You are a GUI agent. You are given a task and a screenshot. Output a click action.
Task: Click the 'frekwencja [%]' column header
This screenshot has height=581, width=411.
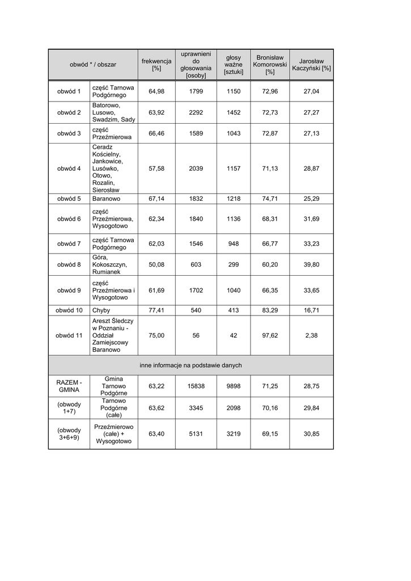(156, 65)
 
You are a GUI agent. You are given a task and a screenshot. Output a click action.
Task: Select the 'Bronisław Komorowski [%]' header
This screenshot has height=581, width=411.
(270, 65)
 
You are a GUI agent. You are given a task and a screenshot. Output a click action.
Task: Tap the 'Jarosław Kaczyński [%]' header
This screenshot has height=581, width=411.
(311, 65)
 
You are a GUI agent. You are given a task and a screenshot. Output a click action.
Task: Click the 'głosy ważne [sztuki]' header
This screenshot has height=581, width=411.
(234, 65)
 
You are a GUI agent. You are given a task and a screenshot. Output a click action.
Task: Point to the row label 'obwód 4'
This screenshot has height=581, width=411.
(69, 169)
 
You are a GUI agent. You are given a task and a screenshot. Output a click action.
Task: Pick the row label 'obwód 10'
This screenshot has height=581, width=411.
(69, 310)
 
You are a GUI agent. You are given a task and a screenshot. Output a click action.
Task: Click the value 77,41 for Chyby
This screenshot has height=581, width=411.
(156, 310)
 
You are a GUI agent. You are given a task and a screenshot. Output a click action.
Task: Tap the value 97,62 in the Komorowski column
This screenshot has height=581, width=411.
(270, 335)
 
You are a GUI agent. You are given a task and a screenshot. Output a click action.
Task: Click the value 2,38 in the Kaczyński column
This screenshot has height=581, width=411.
(311, 335)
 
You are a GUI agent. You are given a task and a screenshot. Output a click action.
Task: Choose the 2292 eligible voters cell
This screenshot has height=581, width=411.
(196, 112)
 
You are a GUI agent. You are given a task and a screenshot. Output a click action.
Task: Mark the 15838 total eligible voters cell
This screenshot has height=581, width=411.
(196, 386)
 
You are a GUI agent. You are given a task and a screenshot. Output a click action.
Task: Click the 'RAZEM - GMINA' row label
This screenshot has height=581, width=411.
(69, 386)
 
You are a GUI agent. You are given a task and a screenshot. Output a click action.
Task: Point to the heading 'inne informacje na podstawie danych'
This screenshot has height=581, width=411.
(190, 365)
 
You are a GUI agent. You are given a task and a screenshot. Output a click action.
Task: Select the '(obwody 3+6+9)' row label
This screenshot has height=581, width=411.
(69, 434)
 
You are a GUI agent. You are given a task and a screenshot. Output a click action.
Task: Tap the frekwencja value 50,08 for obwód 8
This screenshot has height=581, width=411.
(156, 264)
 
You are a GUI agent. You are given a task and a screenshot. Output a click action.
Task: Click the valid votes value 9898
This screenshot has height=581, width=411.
(234, 386)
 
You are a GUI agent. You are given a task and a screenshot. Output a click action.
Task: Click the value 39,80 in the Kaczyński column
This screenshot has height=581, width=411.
(311, 264)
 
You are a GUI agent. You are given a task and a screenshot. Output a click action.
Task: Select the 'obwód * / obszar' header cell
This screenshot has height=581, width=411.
(93, 65)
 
